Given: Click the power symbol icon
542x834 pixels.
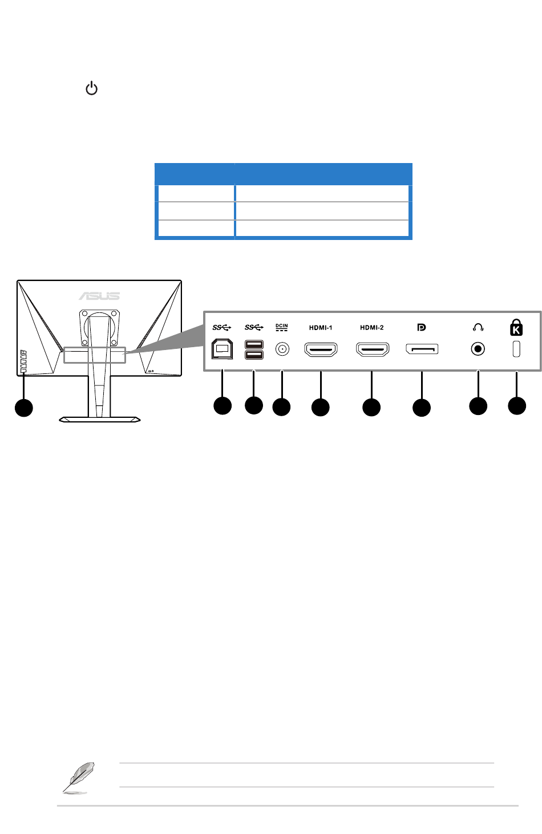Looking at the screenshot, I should (x=91, y=89).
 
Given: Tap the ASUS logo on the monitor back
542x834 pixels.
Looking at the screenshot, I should (x=99, y=295).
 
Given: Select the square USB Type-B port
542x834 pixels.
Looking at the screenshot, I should (x=222, y=349).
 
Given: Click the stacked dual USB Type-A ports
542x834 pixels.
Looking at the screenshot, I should (x=254, y=349).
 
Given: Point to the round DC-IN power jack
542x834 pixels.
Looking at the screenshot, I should (x=282, y=349).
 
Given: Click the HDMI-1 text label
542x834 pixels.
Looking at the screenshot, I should (x=321, y=328).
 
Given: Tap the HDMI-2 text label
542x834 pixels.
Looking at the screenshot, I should (x=371, y=328).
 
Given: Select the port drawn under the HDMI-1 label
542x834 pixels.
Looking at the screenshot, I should (x=321, y=349).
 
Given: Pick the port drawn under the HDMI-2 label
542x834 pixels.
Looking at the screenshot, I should (x=372, y=349).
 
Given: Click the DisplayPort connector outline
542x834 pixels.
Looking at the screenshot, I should (x=422, y=349).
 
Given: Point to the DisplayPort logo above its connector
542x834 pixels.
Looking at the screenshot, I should (x=422, y=327).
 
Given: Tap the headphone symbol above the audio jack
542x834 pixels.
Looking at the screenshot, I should (x=478, y=327).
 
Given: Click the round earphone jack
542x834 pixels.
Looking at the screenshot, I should (x=478, y=349).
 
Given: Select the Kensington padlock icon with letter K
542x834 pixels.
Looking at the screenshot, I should (x=516, y=327).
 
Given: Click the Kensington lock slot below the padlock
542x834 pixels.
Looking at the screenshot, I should (x=516, y=349).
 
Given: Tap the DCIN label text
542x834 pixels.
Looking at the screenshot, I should (x=282, y=327).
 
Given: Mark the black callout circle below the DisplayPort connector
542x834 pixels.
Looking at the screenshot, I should (x=422, y=408).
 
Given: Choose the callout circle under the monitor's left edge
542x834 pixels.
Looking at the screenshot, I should (x=23, y=408).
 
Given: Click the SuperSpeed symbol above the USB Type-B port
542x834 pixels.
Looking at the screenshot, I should (x=221, y=327).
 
